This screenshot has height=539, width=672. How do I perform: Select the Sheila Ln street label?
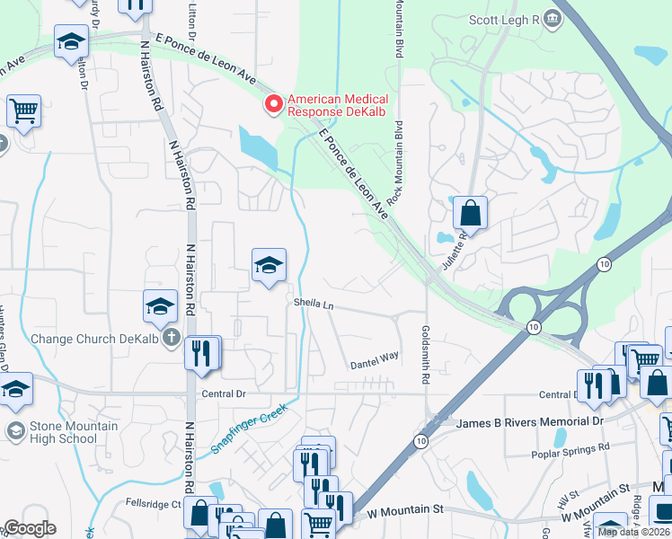(314, 305)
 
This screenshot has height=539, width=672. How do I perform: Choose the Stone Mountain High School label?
(61, 432)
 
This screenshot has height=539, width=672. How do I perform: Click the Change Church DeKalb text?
(86, 339)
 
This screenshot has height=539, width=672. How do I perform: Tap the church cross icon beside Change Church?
(171, 341)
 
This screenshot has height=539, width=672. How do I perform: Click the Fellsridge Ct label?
(154, 504)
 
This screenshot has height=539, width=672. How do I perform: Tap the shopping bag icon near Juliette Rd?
(470, 214)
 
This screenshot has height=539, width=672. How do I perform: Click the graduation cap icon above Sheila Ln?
(269, 265)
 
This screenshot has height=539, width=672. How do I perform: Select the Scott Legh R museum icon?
(554, 17)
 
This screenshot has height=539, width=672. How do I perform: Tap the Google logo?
(30, 528)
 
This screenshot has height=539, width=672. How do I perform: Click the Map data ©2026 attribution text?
(634, 532)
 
